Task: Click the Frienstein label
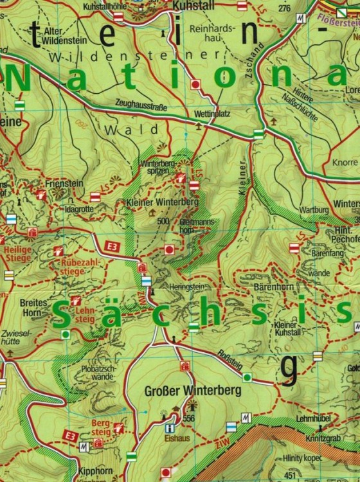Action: pyautogui.click(x=62, y=183)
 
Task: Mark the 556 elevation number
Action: pyautogui.click(x=188, y=419)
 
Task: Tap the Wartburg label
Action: pyautogui.click(x=314, y=210)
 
